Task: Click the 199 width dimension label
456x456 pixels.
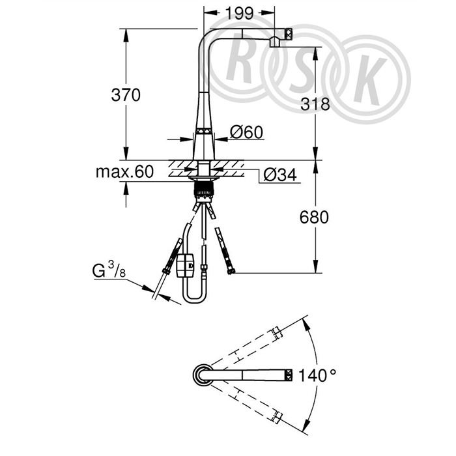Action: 239,13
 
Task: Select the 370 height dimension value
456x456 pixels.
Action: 126,95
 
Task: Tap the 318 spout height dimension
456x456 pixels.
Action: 315,104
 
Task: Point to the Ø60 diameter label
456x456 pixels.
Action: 247,132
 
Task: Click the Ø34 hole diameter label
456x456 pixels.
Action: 280,175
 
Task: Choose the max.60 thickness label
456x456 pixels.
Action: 124,171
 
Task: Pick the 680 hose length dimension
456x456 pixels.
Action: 314,217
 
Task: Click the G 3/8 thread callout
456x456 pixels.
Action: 109,269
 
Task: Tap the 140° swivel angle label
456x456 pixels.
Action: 317,375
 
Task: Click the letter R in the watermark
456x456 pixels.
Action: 239,63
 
